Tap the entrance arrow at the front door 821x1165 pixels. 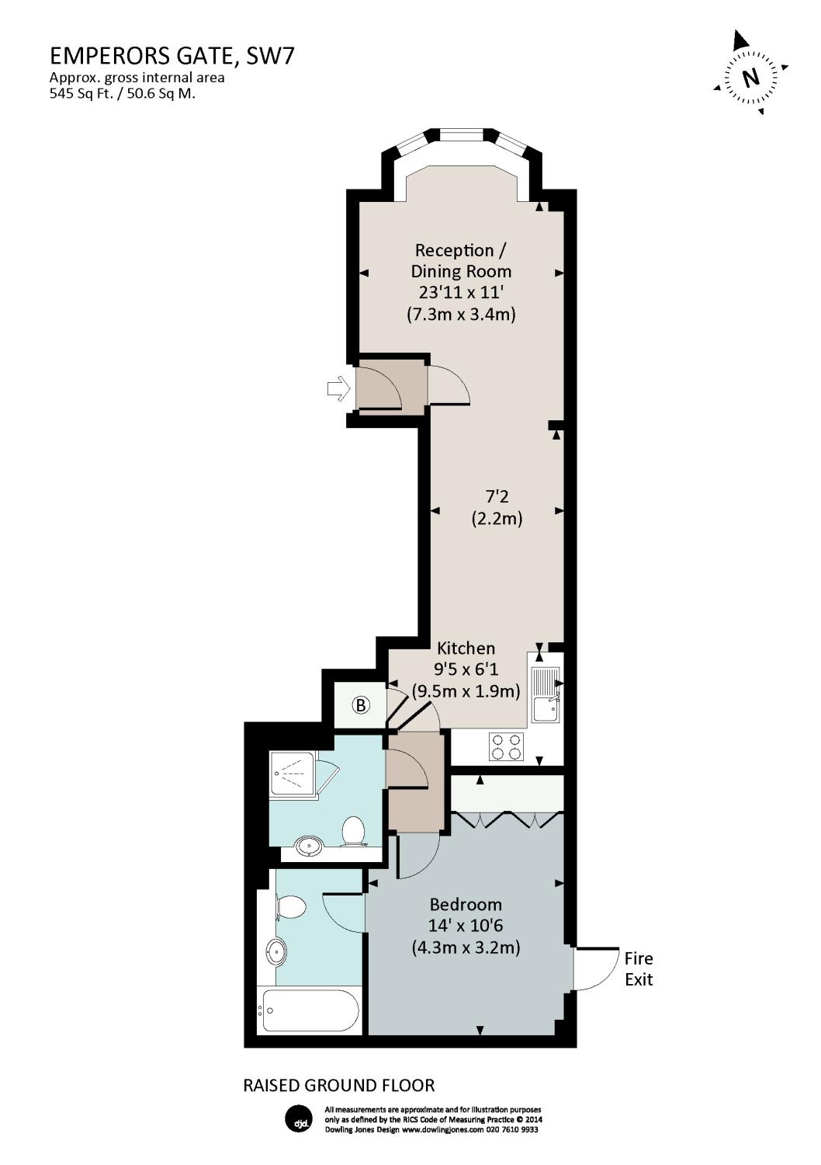click(x=339, y=388)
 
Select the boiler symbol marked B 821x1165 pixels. click(x=362, y=705)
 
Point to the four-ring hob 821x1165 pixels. click(x=506, y=746)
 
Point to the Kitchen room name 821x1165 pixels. click(x=466, y=648)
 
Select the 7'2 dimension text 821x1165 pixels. click(x=497, y=497)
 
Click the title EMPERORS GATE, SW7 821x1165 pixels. click(x=171, y=56)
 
